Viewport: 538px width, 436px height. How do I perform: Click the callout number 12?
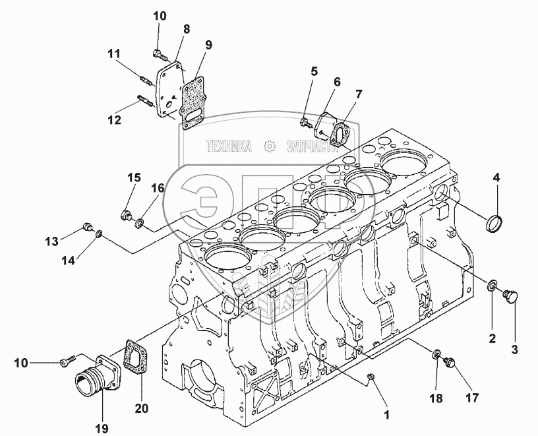pyautogui.click(x=115, y=121)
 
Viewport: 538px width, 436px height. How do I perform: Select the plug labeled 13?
pyautogui.click(x=87, y=228)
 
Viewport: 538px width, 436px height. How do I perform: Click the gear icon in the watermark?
pyautogui.click(x=270, y=146)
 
